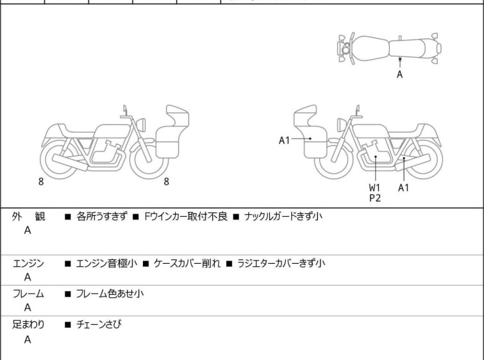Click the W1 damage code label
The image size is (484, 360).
[374, 187]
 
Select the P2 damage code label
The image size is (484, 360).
[374, 198]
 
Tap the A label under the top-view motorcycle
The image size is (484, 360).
[399, 74]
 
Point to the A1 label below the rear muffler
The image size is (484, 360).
[403, 187]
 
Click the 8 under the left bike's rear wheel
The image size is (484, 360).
[41, 182]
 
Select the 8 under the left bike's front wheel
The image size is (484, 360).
[166, 182]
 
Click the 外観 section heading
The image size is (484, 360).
[29, 217]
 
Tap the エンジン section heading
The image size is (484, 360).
[29, 263]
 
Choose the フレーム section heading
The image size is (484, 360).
[29, 294]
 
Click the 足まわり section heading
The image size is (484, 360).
[29, 325]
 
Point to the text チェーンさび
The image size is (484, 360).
[99, 325]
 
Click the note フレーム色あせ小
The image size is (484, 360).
[110, 294]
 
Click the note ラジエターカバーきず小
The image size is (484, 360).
[281, 263]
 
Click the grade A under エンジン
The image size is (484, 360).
[28, 277]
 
